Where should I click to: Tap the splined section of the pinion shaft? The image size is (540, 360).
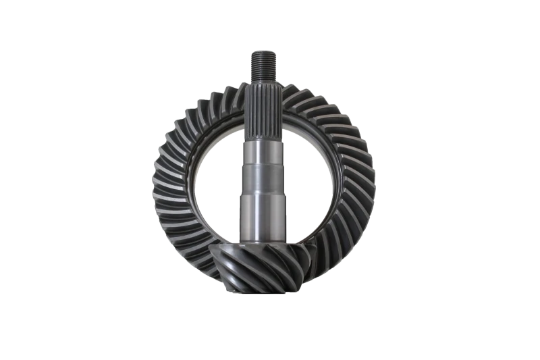[x=263, y=108]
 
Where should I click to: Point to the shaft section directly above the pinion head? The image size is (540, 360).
[x=263, y=233]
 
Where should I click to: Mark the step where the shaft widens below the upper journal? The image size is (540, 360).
[x=263, y=169]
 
